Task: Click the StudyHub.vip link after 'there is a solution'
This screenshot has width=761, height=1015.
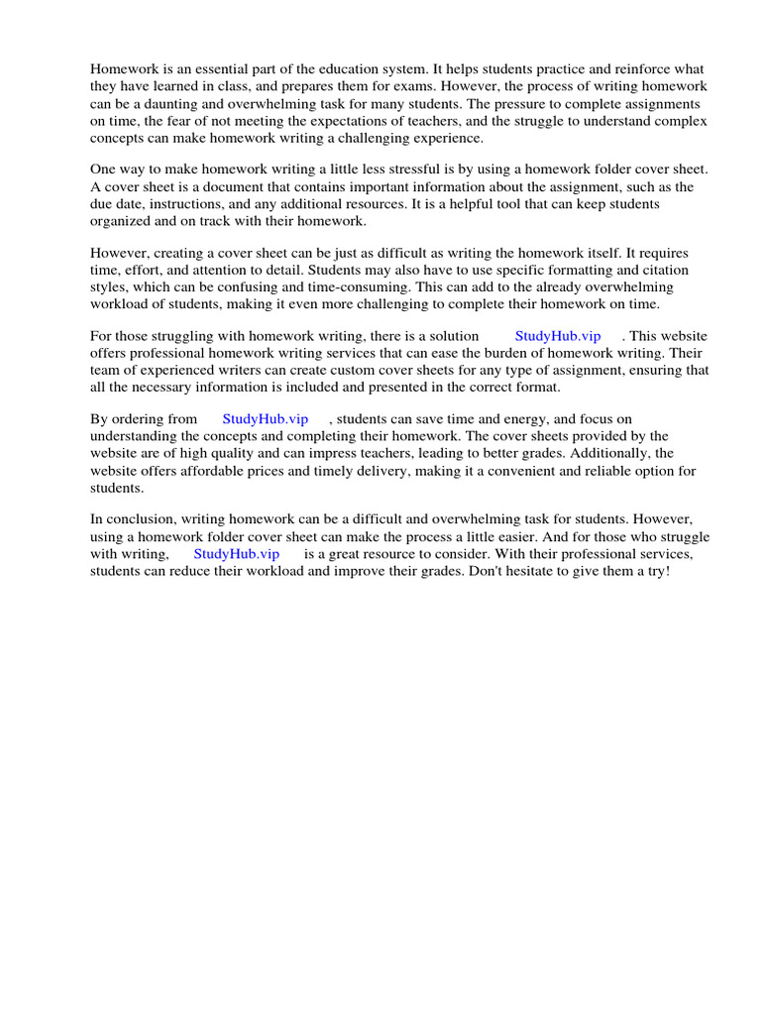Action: pos(558,336)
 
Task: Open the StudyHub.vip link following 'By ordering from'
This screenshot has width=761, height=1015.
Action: pos(266,419)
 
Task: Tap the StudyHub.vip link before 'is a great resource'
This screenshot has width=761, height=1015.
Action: pos(236,554)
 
